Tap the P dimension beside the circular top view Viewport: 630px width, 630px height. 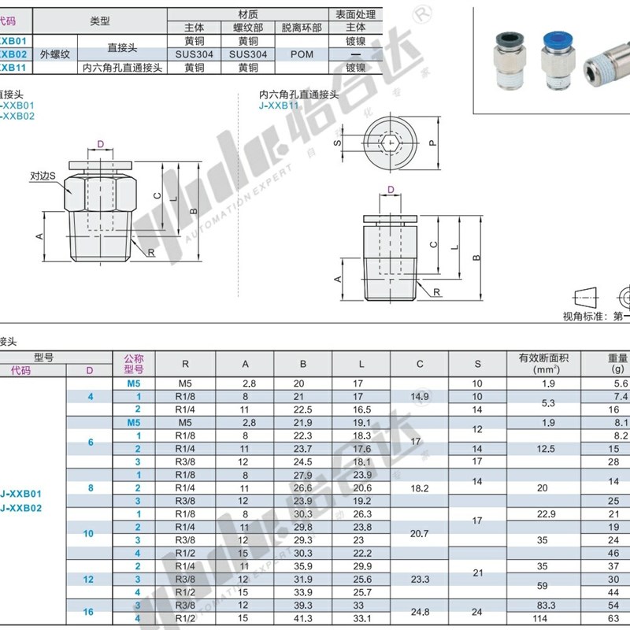click(432, 143)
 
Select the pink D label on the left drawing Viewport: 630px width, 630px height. click(100, 144)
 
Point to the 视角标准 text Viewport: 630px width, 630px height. click(586, 316)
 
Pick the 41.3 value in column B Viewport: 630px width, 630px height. click(302, 618)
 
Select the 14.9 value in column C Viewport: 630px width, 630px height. click(420, 396)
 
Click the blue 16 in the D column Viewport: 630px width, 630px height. click(89, 612)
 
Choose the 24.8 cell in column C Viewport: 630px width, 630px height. click(420, 612)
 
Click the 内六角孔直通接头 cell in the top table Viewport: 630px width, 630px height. click(123, 68)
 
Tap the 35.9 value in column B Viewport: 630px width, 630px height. click(302, 565)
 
